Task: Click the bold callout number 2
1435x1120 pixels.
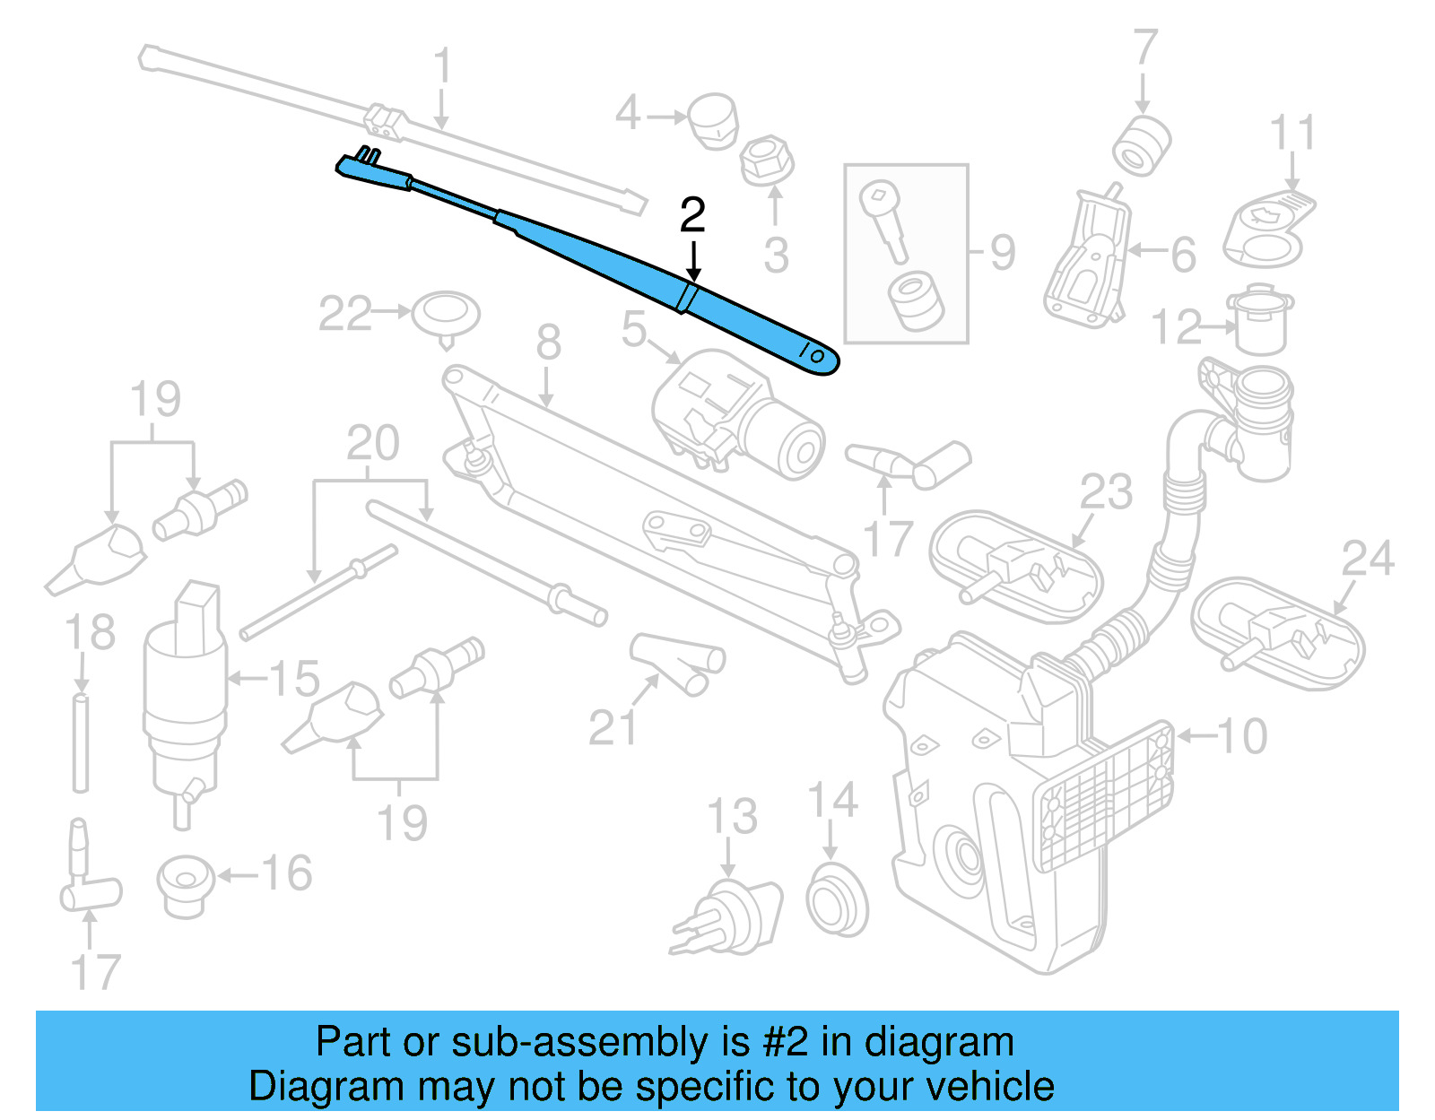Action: point(692,215)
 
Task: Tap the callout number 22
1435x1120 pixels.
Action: point(344,314)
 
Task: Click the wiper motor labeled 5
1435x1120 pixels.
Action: point(735,412)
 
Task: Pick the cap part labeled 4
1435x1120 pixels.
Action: point(713,119)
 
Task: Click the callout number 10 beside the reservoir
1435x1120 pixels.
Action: point(1242,736)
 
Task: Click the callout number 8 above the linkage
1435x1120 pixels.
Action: point(549,342)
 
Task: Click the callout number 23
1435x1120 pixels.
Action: point(1106,491)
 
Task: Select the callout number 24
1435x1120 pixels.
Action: point(1368,558)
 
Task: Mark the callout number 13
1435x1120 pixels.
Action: point(732,816)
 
